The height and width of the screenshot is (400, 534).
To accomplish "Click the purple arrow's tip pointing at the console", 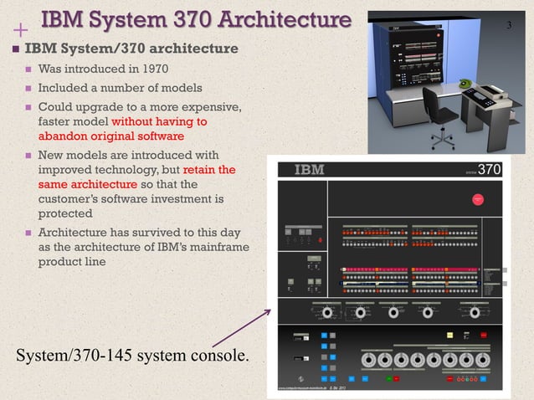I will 270,310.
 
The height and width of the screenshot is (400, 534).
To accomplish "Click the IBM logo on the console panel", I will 309,171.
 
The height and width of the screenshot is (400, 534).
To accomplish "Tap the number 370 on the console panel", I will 490,170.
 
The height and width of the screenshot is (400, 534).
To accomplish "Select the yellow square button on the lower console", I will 451,336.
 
